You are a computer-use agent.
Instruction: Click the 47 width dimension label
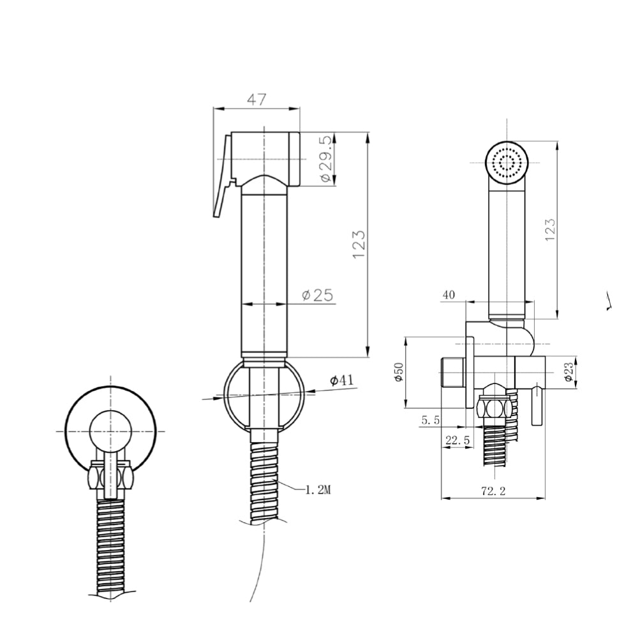pos(256,100)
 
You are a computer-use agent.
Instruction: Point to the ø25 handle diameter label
pos(318,295)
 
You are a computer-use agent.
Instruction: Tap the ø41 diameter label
pos(342,380)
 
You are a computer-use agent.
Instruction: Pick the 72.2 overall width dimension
pos(493,491)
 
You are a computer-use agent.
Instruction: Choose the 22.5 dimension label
pos(457,440)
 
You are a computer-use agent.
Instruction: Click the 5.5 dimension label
pos(431,420)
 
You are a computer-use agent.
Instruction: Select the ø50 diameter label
pos(399,371)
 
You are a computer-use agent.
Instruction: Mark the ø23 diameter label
pos(569,371)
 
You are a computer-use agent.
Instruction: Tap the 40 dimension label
pos(449,295)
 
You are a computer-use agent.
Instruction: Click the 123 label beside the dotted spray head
pos(550,230)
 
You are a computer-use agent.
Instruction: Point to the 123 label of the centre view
pos(358,244)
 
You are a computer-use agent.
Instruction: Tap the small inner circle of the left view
pos(110,431)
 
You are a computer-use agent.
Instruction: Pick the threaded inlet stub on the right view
pos(453,373)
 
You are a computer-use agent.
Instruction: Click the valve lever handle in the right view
pos(537,406)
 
